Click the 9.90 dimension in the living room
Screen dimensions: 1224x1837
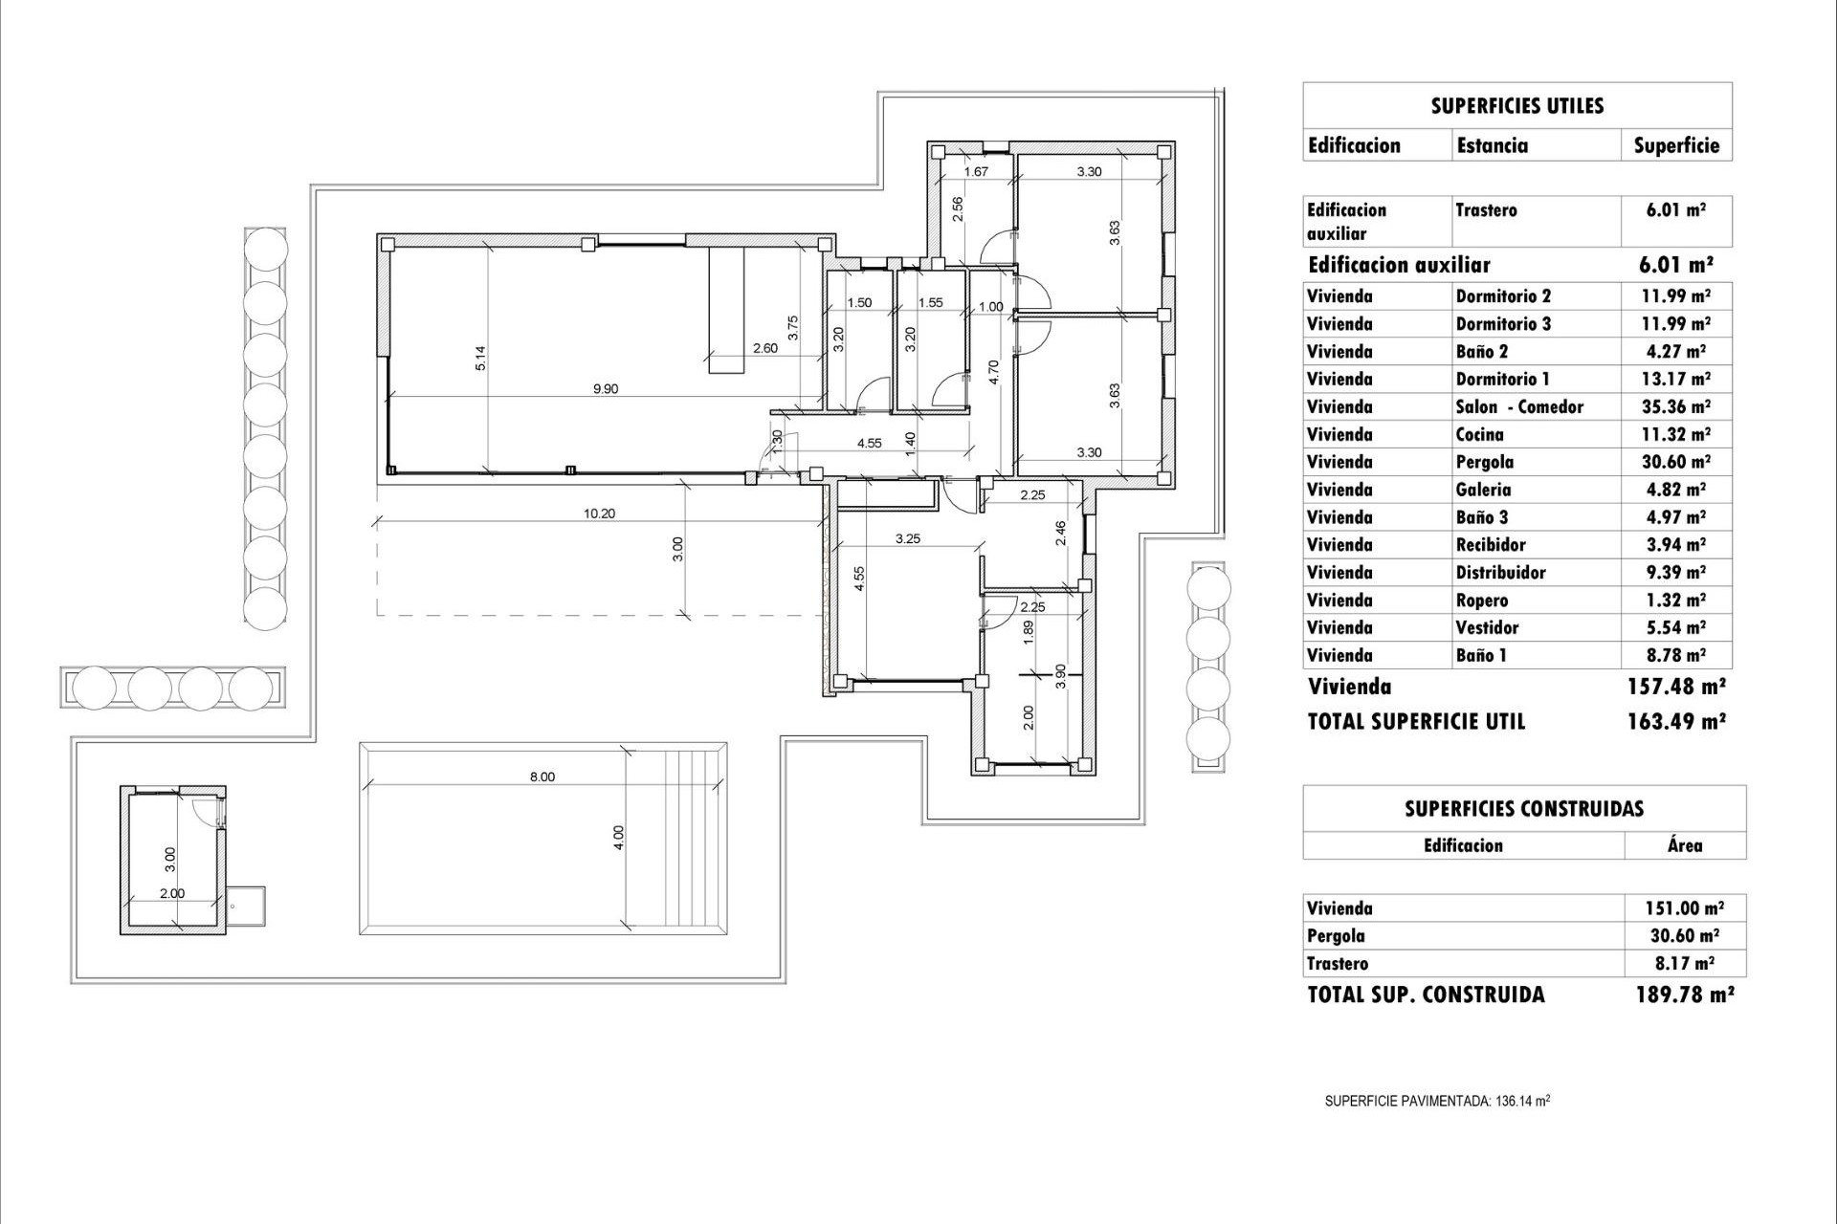coord(606,388)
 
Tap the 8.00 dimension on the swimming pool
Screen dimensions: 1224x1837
coord(542,776)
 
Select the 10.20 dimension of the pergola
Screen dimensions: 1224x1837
coord(599,514)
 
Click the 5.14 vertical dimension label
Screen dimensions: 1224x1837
coord(481,358)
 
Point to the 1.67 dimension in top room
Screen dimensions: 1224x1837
coord(976,172)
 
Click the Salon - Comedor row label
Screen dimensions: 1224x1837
coord(1519,406)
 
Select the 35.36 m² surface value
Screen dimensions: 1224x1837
coord(1675,406)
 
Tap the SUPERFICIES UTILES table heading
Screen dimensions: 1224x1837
coord(1516,105)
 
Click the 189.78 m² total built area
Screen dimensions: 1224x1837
coord(1685,994)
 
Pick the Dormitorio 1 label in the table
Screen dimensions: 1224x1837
coord(1502,379)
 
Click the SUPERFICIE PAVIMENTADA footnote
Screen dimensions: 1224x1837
coord(1437,1101)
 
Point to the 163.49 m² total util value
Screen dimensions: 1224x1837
coord(1676,722)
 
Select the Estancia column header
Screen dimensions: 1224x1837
coord(1492,145)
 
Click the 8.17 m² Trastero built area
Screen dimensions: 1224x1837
coord(1685,964)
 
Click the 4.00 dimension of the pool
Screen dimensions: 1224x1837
coord(619,838)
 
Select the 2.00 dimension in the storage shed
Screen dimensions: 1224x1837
coord(172,893)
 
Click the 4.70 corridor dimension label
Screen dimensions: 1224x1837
coord(994,371)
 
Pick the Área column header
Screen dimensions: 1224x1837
coord(1684,845)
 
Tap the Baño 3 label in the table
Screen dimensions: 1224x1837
coord(1483,517)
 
